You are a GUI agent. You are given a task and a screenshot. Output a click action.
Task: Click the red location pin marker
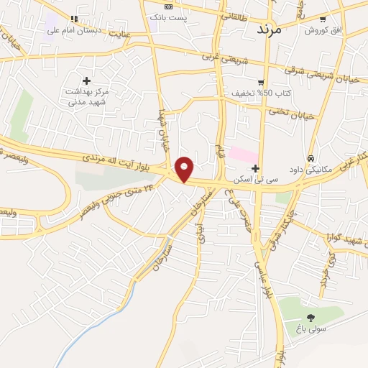pyautogui.click(x=185, y=169)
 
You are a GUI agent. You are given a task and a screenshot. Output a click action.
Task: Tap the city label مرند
pyautogui.click(x=271, y=31)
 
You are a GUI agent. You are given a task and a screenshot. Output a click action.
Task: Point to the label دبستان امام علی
pyautogui.click(x=73, y=31)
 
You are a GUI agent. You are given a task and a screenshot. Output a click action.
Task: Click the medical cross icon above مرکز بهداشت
pyautogui.click(x=87, y=80)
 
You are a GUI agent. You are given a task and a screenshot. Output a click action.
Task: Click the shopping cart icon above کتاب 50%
pyautogui.click(x=260, y=82)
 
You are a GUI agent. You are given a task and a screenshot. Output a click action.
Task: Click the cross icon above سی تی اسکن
pyautogui.click(x=255, y=167)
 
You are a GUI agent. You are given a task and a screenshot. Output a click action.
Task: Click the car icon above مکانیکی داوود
pyautogui.click(x=310, y=157)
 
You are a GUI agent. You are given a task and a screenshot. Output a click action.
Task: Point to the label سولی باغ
pyautogui.click(x=310, y=330)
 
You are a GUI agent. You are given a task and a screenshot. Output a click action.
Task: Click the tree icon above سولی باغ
pyautogui.click(x=310, y=318)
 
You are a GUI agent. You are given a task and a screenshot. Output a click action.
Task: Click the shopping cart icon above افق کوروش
pyautogui.click(x=323, y=19)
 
